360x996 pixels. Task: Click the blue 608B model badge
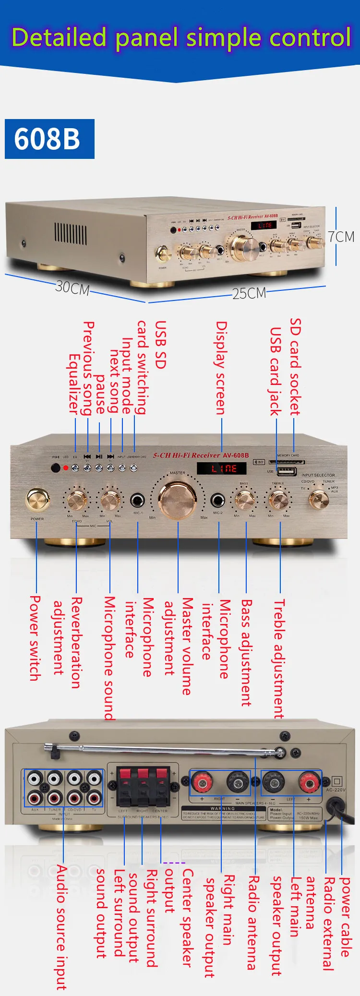pyautogui.click(x=49, y=139)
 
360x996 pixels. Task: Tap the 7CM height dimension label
pyautogui.click(x=341, y=237)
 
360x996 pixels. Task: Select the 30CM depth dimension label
pyautogui.click(x=72, y=288)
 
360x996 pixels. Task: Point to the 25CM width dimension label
pyautogui.click(x=249, y=293)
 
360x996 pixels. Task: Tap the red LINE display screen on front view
pyautogui.click(x=221, y=468)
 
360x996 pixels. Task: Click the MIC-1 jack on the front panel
pyautogui.click(x=138, y=500)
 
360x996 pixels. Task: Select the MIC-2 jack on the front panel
pyautogui.click(x=218, y=500)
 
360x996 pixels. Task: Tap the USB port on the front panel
pyautogui.click(x=287, y=471)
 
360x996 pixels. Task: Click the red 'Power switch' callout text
pyautogui.click(x=35, y=638)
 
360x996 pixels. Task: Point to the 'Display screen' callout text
pyautogui.click(x=221, y=367)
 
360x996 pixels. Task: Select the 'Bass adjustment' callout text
pyautogui.click(x=246, y=652)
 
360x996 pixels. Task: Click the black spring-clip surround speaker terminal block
pyautogui.click(x=143, y=786)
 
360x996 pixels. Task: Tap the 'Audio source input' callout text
pyautogui.click(x=61, y=927)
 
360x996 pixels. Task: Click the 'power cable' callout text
pyautogui.click(x=345, y=917)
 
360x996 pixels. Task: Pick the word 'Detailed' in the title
pyautogui.click(x=59, y=37)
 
